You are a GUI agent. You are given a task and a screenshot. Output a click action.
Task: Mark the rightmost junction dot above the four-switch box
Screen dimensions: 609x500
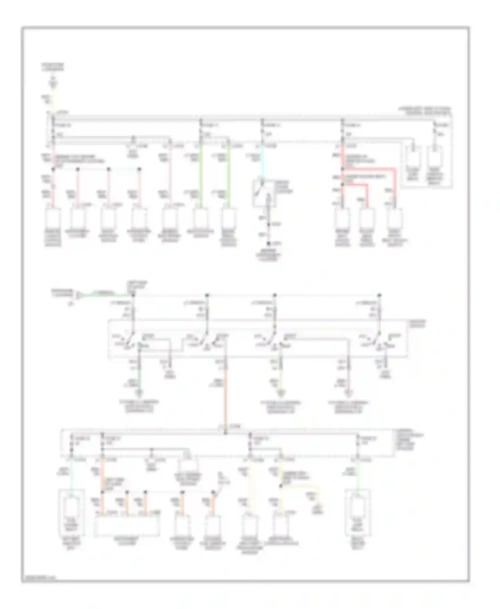point(379,295)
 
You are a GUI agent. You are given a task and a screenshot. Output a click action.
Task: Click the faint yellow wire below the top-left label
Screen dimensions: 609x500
point(52,97)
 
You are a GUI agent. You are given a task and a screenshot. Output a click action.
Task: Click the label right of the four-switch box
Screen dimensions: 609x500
point(417,323)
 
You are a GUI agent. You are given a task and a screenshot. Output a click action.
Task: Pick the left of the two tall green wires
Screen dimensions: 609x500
point(201,177)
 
